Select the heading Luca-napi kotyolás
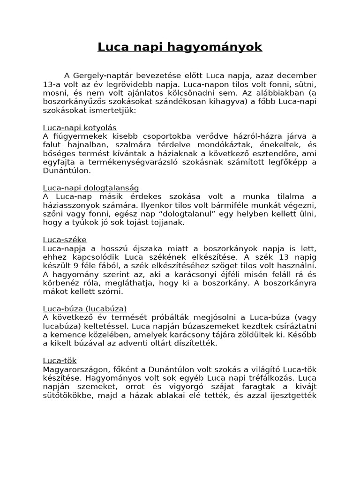80,127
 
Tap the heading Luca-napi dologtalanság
90,187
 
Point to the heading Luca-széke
65,240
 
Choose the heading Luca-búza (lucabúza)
85,308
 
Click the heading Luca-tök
60,360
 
